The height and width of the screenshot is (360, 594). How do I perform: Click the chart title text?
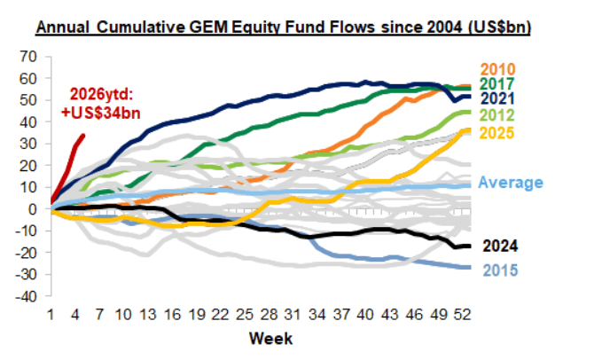click(283, 27)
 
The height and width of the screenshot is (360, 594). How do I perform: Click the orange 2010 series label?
click(500, 69)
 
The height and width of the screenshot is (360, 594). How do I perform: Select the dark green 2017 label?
click(500, 83)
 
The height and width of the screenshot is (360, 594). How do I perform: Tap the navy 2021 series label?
click(500, 98)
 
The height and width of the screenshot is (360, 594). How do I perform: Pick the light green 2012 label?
click(500, 115)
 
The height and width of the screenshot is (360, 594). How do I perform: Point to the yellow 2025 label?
click(500, 133)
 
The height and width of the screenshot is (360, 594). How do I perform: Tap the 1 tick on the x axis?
click(51, 315)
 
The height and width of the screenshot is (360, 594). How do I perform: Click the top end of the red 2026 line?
click(84, 135)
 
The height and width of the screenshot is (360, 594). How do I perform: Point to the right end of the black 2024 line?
click(470, 245)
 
